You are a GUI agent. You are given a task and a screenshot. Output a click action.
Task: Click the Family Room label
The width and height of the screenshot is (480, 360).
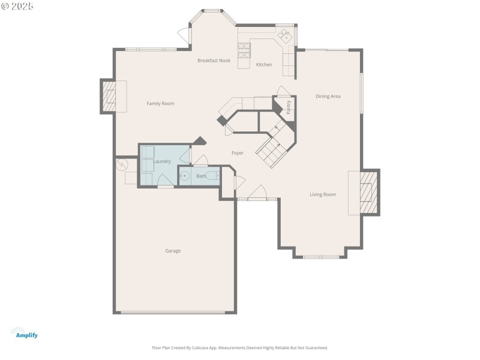[x=160, y=104]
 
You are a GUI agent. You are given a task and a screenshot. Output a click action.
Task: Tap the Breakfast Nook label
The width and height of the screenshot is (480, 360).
[x=214, y=61]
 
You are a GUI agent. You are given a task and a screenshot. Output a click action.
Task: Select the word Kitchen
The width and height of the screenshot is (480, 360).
[x=264, y=65]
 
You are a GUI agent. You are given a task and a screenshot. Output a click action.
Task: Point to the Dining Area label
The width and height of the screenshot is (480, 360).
[x=328, y=96]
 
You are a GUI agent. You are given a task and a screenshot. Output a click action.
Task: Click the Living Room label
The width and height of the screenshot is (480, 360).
[x=322, y=194]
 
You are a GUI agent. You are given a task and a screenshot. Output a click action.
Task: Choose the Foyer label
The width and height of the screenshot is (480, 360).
[x=238, y=154]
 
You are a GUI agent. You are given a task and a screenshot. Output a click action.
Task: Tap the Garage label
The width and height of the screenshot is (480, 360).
[x=173, y=251]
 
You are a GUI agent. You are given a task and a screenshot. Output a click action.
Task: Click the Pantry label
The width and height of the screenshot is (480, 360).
[x=289, y=107]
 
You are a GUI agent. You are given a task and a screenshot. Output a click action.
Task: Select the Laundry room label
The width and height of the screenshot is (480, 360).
[x=162, y=161]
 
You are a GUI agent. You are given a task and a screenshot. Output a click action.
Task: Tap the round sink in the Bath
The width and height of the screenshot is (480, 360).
[x=185, y=176]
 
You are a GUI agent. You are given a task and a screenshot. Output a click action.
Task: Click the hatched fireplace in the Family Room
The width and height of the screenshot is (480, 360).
[x=109, y=96]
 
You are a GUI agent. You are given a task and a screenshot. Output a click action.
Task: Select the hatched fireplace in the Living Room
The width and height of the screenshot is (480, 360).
[x=368, y=193]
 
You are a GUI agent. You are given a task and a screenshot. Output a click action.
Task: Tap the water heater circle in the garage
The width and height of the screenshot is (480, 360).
[x=122, y=163]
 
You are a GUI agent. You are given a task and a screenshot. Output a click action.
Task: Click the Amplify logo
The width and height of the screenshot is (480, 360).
[x=25, y=333]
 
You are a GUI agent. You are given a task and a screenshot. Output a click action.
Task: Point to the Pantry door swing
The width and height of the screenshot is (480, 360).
[x=283, y=91]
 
